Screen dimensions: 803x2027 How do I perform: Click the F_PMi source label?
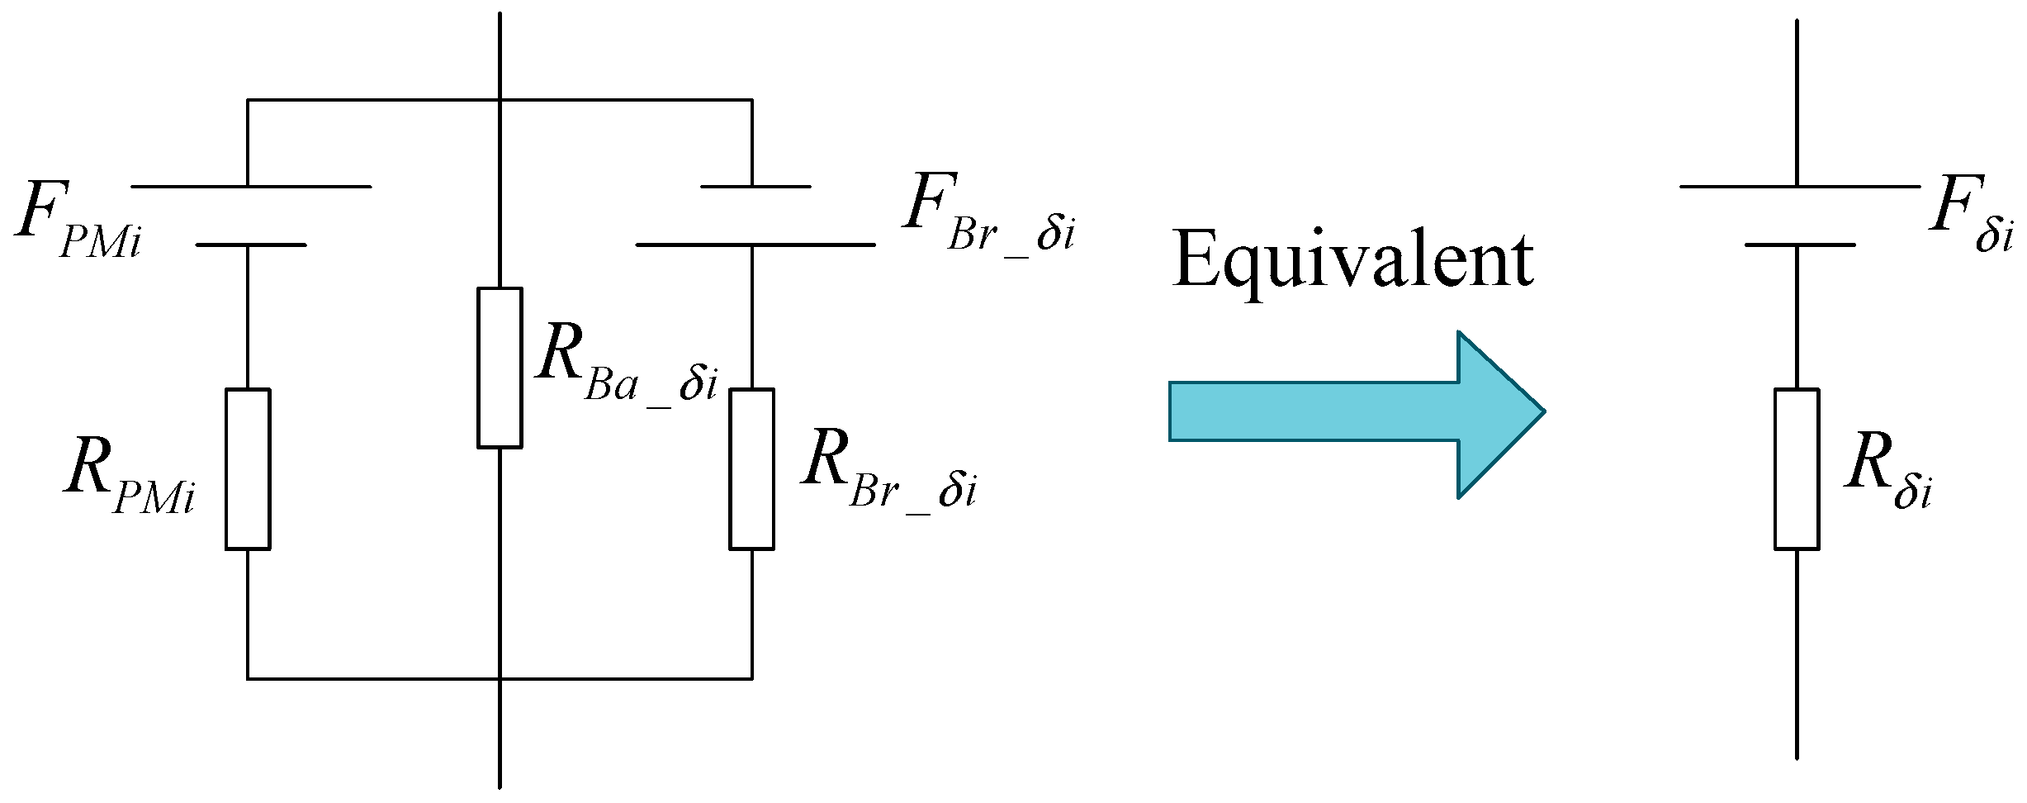click(x=78, y=217)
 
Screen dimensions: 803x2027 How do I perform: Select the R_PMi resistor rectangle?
click(x=248, y=468)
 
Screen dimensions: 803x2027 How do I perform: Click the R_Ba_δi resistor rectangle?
click(x=500, y=368)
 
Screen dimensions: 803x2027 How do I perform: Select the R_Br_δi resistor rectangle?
click(x=751, y=468)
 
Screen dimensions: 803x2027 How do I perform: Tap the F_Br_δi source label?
click(x=989, y=213)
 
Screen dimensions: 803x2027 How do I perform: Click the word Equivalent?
click(x=1352, y=260)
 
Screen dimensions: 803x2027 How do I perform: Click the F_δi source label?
click(x=1970, y=213)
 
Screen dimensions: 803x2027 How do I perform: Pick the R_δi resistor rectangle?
click(x=1797, y=468)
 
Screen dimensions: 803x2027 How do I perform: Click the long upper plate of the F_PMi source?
click(x=251, y=187)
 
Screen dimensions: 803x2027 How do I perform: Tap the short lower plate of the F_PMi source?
click(x=251, y=245)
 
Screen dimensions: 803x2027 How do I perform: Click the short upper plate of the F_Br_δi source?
click(x=755, y=187)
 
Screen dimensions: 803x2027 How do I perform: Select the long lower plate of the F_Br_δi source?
click(x=755, y=245)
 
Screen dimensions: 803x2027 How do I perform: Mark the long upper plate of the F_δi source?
click(x=1800, y=187)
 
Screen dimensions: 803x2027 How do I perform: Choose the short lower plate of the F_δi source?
click(x=1800, y=245)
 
